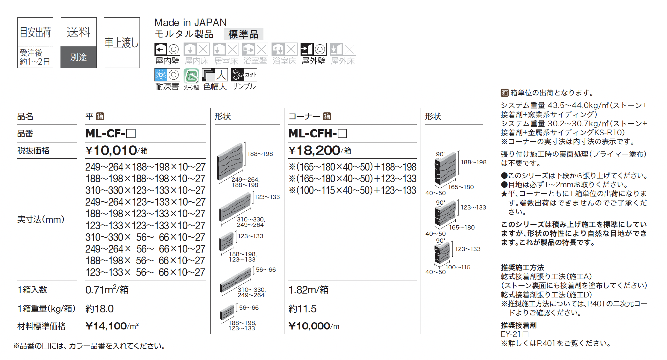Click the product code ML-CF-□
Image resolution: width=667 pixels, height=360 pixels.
[x=110, y=133]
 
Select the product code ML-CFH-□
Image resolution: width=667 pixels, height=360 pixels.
[x=317, y=133]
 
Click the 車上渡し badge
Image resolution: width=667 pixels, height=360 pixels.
[x=122, y=42]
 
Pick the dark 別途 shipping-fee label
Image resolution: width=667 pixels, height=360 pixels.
[x=78, y=57]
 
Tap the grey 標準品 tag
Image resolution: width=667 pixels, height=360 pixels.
[x=243, y=34]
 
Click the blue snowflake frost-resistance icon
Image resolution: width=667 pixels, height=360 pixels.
[x=161, y=75]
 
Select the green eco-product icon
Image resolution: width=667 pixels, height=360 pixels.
[x=191, y=75]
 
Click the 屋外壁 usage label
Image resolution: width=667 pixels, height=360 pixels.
[x=313, y=61]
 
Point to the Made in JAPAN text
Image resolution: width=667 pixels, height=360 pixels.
[x=190, y=22]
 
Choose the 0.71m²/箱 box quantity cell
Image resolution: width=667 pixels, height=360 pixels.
[x=107, y=290]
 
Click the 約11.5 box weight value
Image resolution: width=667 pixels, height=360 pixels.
[x=302, y=309]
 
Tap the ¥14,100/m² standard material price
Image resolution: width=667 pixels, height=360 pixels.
[x=112, y=326]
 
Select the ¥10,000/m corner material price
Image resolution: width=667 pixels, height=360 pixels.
[x=313, y=326]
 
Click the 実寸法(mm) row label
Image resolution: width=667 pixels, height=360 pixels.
[x=41, y=219]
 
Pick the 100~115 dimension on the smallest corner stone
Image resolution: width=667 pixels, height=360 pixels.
[x=458, y=267]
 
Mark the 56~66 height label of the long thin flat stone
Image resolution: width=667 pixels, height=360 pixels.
[x=266, y=270]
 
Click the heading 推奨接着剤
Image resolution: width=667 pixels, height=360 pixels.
[x=519, y=325]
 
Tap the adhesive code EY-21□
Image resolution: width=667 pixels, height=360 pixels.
[x=514, y=334]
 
